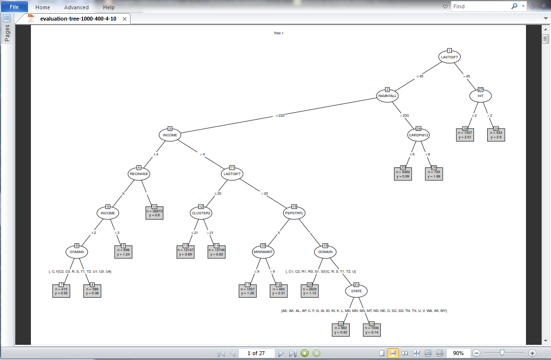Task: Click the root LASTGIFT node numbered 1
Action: point(449,57)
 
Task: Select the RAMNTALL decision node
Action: point(387,96)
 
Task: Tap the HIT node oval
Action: point(480,96)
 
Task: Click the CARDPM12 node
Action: point(419,134)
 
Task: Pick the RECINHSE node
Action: point(139,174)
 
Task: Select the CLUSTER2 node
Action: point(201,213)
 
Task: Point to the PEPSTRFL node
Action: point(294,213)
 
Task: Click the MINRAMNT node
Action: point(263,252)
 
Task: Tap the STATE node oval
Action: point(356,291)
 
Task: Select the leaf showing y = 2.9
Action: point(496,134)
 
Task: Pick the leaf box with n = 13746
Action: point(216,251)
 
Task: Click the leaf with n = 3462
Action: point(403,173)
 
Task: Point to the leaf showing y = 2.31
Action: point(279,290)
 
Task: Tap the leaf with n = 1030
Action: point(372,329)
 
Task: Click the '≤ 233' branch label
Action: point(280,116)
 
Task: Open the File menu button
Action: point(14,7)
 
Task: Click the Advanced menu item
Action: point(77,7)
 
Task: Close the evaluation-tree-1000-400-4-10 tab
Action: point(125,19)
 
